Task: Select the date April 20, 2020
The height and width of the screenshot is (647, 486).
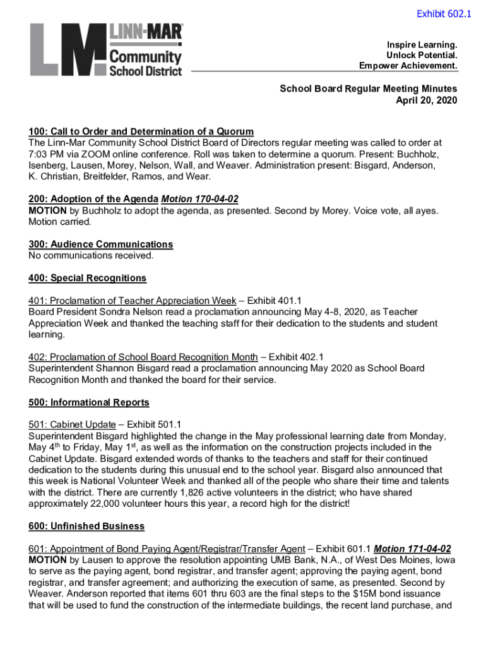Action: [426, 100]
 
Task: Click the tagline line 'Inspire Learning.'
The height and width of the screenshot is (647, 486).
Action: [422, 45]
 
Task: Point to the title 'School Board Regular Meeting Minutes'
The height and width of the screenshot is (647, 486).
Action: [369, 89]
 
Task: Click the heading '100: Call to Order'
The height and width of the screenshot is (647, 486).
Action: [141, 131]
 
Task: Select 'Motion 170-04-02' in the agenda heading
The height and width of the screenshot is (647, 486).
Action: [200, 199]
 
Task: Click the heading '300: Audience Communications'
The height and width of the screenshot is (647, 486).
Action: [100, 244]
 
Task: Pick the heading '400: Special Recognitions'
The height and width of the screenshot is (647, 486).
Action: [87, 278]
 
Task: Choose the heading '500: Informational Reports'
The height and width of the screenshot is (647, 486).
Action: [88, 402]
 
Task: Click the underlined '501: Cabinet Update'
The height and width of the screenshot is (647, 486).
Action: [72, 425]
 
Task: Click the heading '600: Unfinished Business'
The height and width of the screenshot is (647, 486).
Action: [86, 526]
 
